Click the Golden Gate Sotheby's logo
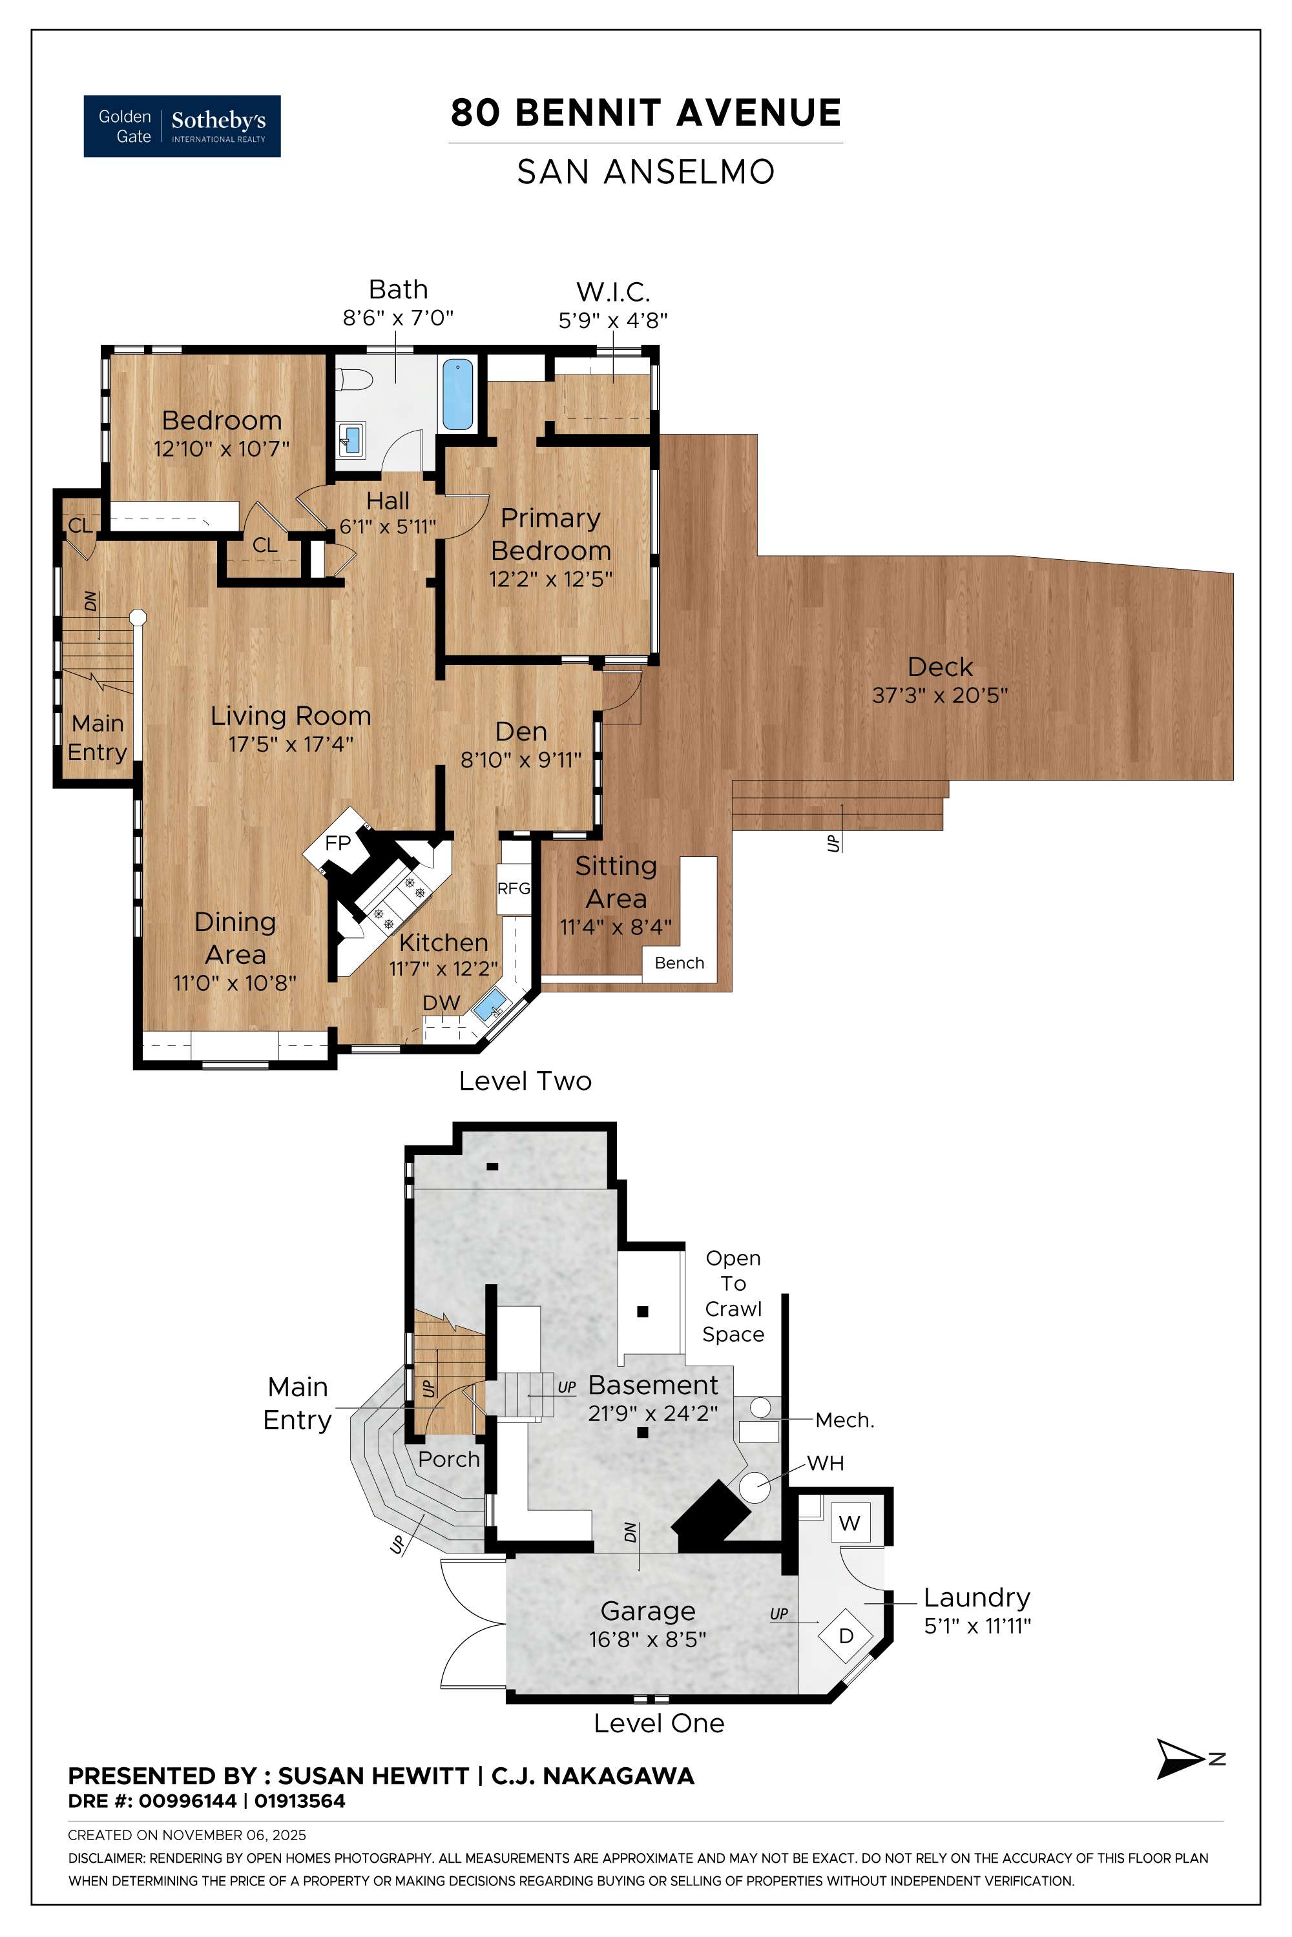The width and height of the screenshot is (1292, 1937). (x=182, y=126)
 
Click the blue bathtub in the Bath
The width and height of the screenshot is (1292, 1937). (x=457, y=395)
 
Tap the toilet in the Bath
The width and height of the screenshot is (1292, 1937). (x=354, y=380)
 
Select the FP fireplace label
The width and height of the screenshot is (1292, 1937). (x=338, y=843)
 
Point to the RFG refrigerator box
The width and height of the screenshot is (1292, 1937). (x=514, y=888)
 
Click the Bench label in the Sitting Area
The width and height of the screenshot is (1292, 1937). (x=679, y=963)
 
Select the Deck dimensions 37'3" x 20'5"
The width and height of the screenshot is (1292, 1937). (x=939, y=695)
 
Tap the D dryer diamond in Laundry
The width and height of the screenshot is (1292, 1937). (x=846, y=1635)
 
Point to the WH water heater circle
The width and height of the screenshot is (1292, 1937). (x=753, y=1488)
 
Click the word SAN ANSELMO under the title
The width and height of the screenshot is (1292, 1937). (x=645, y=172)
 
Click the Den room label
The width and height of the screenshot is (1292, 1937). (x=521, y=732)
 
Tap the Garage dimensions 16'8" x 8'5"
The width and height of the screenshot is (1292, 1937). (x=648, y=1639)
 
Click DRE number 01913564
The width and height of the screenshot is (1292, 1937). (x=300, y=1801)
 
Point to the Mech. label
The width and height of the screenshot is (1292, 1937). (x=844, y=1420)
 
